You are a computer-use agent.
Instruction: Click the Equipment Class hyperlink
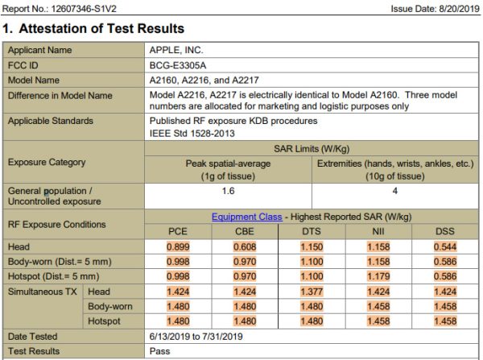tap(246, 217)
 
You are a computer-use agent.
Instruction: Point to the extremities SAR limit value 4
tap(394, 192)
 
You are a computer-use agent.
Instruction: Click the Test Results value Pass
tap(159, 351)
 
